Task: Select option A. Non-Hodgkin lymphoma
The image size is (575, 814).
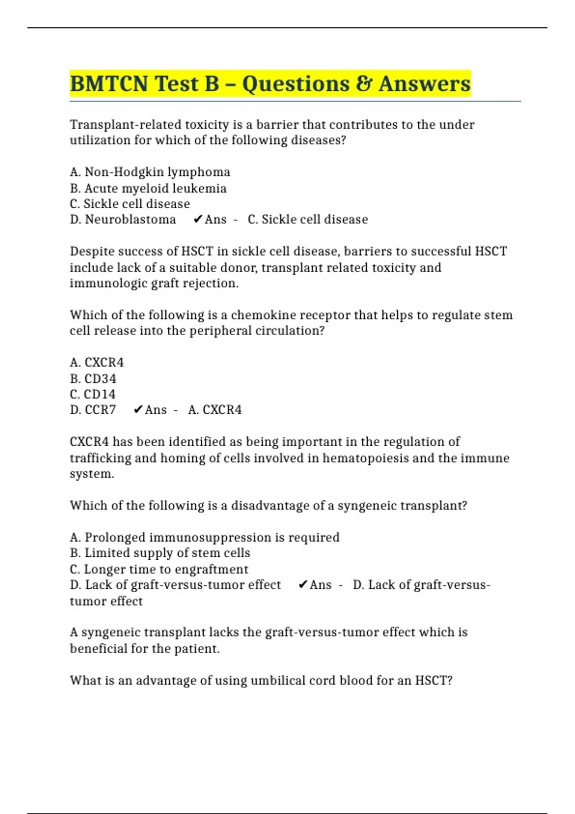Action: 150,172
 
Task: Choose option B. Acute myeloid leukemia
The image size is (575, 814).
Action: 148,188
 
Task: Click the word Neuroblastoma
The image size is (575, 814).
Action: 130,219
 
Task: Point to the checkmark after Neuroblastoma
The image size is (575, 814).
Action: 197,219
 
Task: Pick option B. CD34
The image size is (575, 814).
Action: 93,379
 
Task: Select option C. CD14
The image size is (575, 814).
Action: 92,395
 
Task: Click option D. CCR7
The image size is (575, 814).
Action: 93,410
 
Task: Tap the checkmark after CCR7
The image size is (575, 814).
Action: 138,410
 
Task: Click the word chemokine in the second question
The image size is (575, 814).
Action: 259,315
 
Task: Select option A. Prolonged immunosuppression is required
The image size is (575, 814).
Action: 205,537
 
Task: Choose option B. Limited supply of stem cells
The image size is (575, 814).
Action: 160,553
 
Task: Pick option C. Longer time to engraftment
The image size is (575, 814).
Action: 159,569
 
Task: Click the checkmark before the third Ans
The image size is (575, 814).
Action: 302,585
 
